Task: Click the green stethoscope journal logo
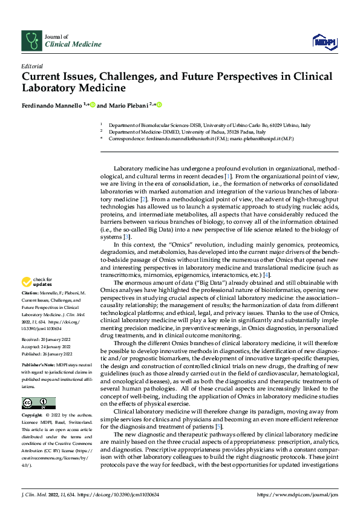click(31, 41)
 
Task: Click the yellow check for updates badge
click(36, 282)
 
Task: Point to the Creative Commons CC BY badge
click(38, 403)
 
